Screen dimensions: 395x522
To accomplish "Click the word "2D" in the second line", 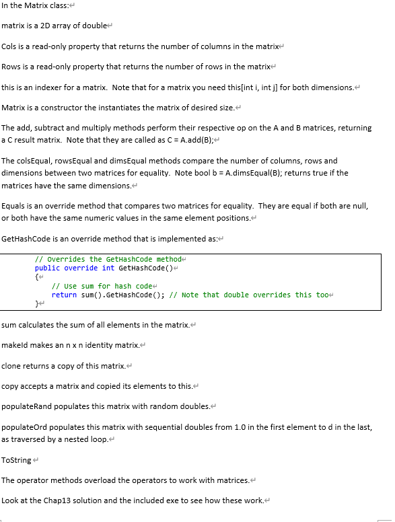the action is pyautogui.click(x=44, y=26).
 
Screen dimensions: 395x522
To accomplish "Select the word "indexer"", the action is pyautogui.click(x=37, y=87).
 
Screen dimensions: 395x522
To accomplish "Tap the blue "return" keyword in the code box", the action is pyautogui.click(x=64, y=295).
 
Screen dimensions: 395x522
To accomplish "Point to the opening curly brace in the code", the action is pyautogui.click(x=37, y=277).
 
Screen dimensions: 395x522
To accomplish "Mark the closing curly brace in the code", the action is pyautogui.click(x=37, y=304).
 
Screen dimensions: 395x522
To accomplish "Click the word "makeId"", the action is pyautogui.click(x=14, y=345).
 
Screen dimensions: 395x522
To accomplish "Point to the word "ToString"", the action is pyautogui.click(x=16, y=460).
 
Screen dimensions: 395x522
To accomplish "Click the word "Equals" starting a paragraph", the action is pyautogui.click(x=13, y=206).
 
